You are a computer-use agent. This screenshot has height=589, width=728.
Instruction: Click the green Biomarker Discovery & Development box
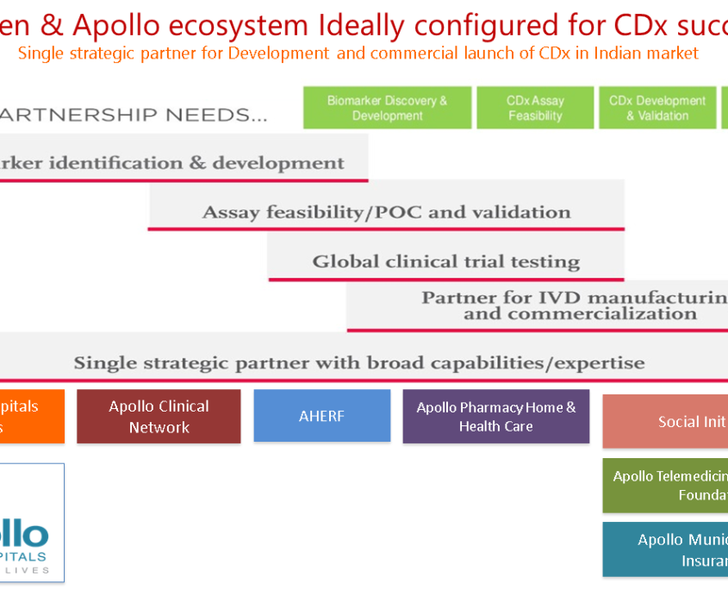[x=387, y=108]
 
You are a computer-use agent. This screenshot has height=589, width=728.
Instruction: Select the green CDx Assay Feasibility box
[x=535, y=108]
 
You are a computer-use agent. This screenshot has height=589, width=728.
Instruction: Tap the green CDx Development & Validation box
[x=657, y=108]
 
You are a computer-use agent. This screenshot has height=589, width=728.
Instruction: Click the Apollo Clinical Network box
[x=159, y=417]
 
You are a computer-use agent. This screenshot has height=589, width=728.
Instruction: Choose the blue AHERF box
[x=321, y=416]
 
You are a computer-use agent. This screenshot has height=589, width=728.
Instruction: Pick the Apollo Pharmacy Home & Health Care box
[x=495, y=417]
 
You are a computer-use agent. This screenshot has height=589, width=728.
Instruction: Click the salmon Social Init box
[x=665, y=421]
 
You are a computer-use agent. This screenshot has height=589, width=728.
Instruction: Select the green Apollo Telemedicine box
[x=665, y=485]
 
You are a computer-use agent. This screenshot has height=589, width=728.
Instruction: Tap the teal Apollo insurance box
[x=665, y=549]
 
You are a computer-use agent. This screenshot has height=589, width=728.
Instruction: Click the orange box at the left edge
[x=31, y=416]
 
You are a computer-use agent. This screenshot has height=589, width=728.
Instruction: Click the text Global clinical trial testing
[x=445, y=262]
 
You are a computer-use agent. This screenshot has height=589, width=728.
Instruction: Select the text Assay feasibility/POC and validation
[x=386, y=212]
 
